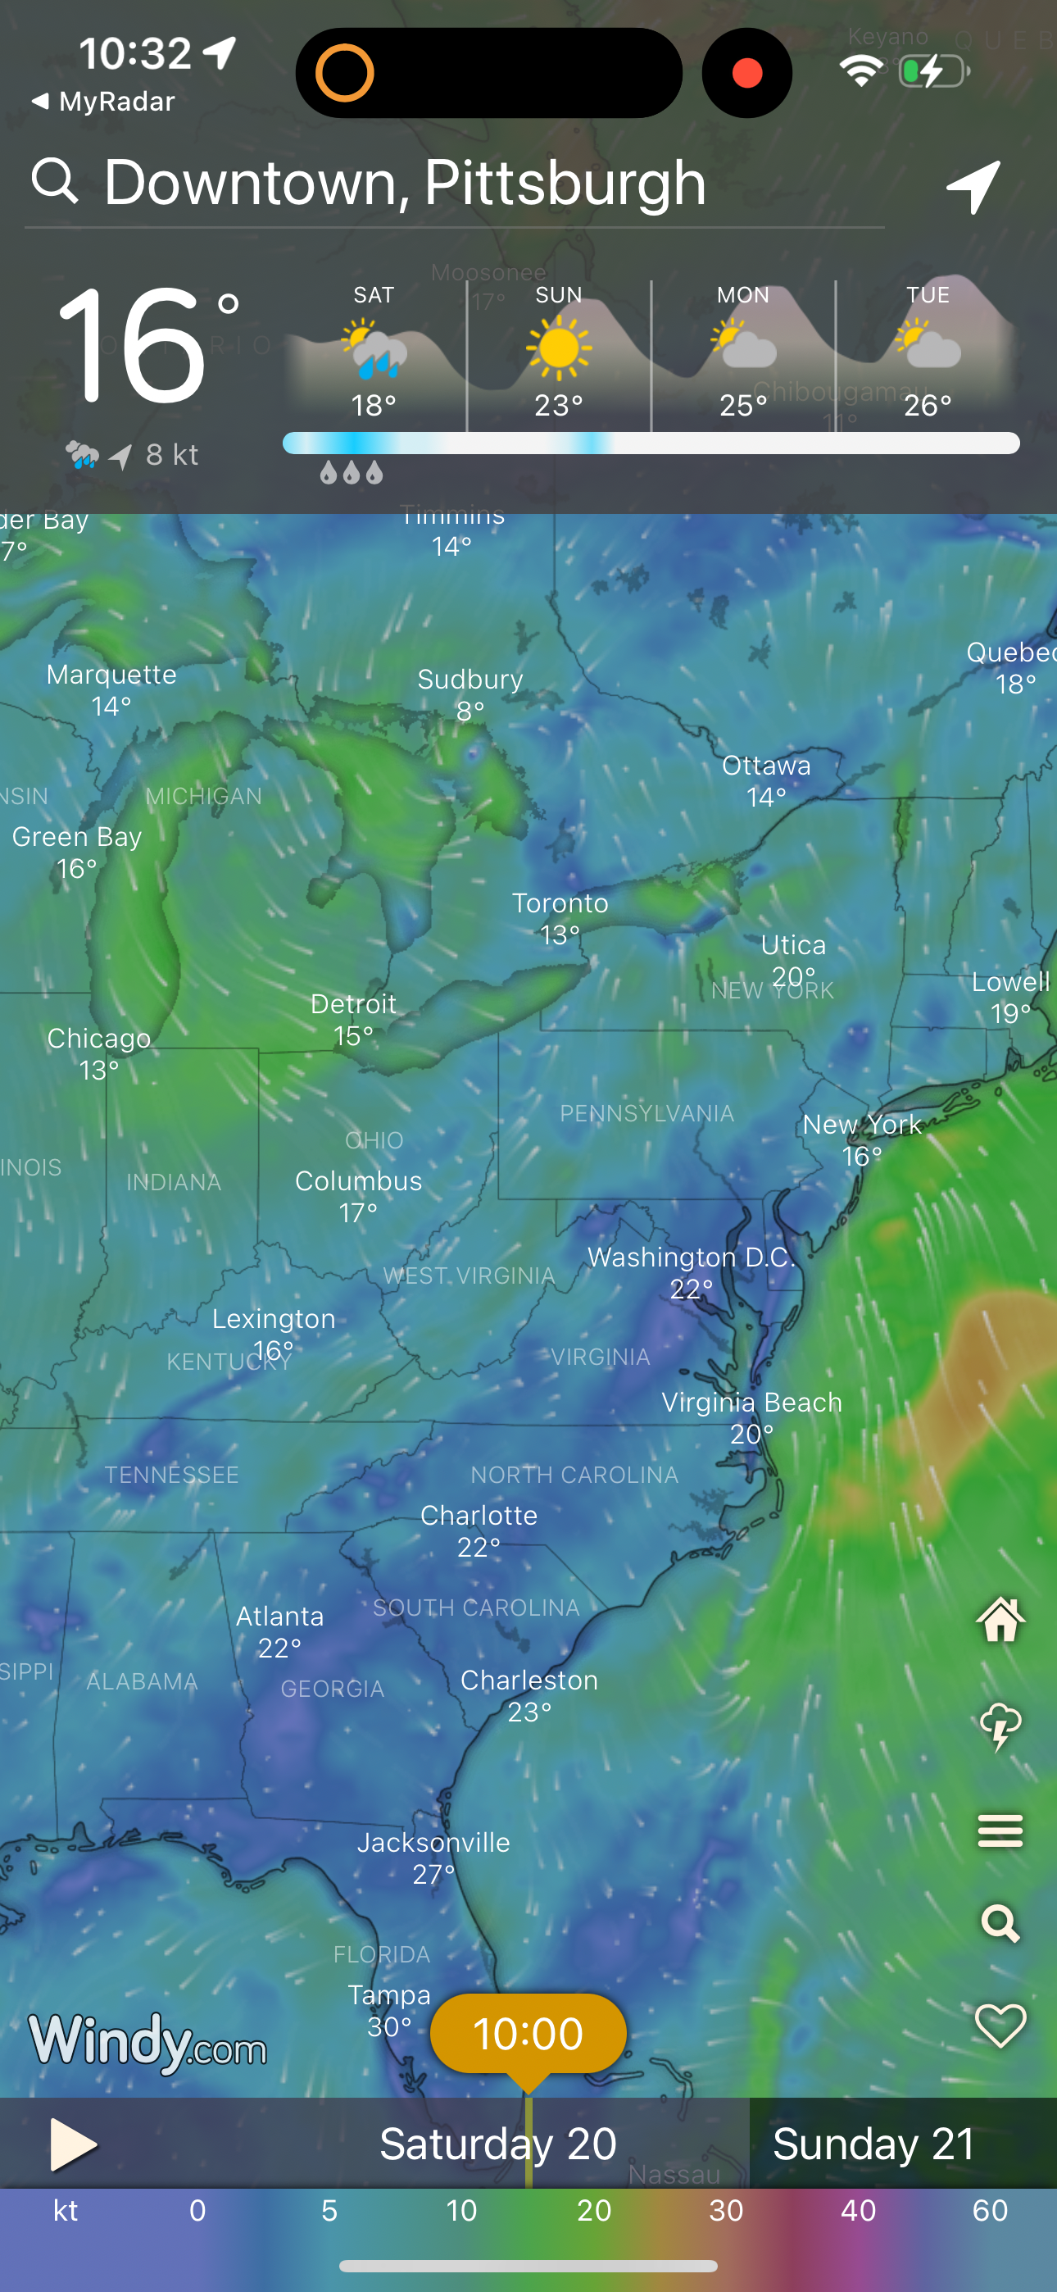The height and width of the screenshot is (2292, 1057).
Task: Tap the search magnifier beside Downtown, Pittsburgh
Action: pos(55,181)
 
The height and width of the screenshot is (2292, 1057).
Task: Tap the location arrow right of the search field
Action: pos(974,186)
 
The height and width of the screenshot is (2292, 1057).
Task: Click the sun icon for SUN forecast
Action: pos(559,348)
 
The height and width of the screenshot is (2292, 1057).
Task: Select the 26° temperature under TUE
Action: pos(928,406)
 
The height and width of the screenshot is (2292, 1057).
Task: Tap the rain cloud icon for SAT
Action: pos(374,351)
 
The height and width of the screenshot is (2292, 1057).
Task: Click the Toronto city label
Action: pos(560,904)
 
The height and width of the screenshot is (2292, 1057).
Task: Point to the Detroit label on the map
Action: pos(353,1004)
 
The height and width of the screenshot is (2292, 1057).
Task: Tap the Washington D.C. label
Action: pos(692,1258)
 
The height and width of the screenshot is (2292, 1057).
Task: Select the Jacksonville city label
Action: pos(433,1843)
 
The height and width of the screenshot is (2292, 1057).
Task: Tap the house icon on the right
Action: pos(1001,1619)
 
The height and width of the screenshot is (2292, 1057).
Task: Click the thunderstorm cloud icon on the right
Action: pos(1001,1726)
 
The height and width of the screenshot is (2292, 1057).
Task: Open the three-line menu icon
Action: pos(1001,1831)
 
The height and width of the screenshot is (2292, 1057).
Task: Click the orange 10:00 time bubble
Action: pos(528,2034)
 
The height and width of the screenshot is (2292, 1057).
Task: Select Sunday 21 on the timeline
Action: pos(874,2144)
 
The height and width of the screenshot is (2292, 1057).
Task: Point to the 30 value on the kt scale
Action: pos(726,2211)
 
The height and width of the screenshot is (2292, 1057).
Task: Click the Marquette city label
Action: pos(111,675)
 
